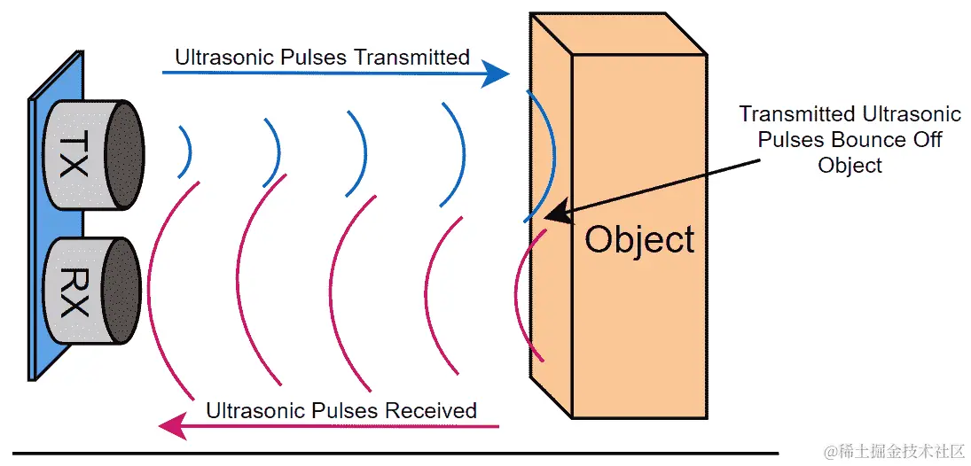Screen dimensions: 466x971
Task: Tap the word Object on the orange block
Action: [x=639, y=240]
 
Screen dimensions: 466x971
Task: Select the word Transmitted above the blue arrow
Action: [x=411, y=58]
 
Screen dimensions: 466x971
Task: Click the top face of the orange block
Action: [x=617, y=35]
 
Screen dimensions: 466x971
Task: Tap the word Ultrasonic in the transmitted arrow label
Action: [x=218, y=58]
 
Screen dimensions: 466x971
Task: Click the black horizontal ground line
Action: [x=390, y=454]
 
